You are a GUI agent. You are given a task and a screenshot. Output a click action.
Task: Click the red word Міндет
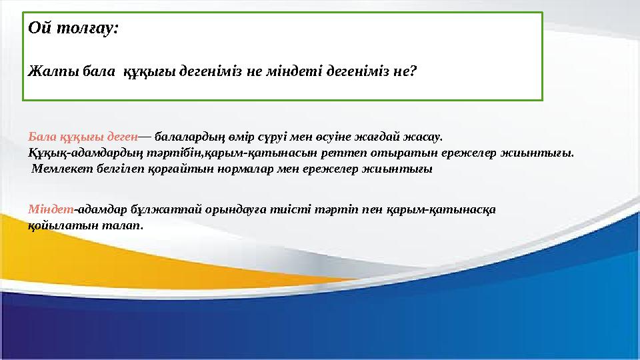coord(51,209)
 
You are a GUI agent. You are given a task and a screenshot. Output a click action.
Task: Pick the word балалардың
coord(189,137)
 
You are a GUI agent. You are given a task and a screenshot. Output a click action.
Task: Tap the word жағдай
coord(385,137)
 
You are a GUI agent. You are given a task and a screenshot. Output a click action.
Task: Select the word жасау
coord(427,137)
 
